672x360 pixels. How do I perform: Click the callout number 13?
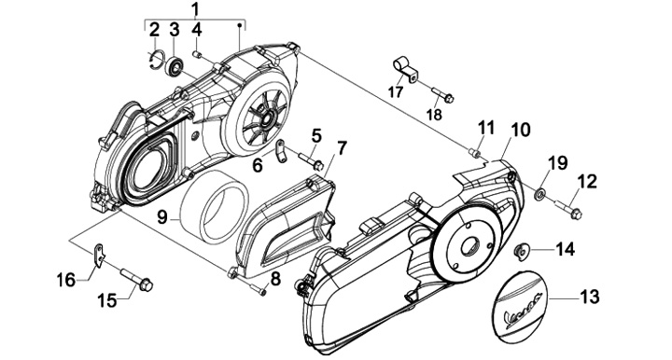click(x=590, y=297)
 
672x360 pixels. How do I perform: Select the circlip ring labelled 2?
click(x=157, y=60)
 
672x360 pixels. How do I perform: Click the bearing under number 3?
click(x=175, y=65)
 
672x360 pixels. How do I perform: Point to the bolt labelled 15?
click(x=137, y=281)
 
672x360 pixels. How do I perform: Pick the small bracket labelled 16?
click(x=99, y=256)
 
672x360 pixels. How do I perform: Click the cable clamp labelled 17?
click(x=405, y=69)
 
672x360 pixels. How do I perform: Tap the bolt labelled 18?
click(x=442, y=94)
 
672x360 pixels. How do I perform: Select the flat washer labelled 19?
click(x=539, y=193)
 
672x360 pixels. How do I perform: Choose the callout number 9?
click(x=161, y=216)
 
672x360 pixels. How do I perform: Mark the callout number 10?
click(x=520, y=131)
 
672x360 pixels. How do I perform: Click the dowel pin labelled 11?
click(x=474, y=151)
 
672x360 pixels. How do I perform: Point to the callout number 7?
click(x=342, y=147)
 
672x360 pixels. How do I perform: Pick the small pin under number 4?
click(x=198, y=55)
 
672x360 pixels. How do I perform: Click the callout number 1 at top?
click(x=195, y=9)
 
